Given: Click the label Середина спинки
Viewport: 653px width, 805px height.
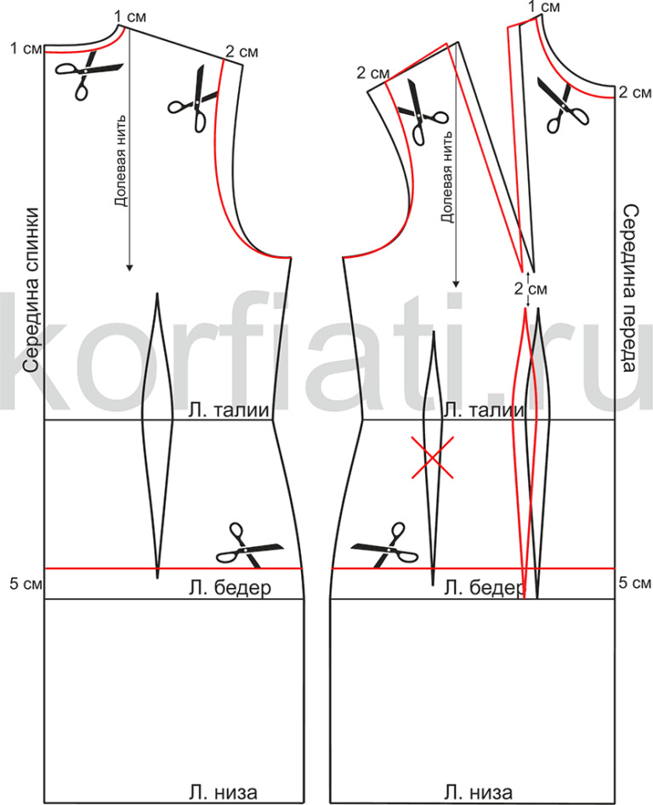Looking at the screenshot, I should (31, 290).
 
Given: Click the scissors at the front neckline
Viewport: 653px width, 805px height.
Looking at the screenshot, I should (559, 100).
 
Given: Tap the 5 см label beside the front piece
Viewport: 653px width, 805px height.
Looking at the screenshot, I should (634, 583).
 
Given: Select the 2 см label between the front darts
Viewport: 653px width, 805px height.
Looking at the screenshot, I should (530, 288).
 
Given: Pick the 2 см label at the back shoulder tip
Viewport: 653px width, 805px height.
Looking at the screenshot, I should (241, 53).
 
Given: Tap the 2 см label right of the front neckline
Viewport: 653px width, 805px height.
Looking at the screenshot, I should (634, 92).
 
